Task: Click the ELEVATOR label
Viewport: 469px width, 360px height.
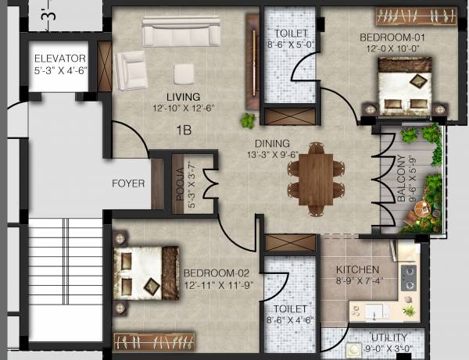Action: [59, 57]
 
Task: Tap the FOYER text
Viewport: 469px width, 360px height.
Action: [128, 184]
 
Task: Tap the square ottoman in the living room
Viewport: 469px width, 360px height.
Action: [184, 73]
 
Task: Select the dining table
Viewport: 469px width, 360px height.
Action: [316, 177]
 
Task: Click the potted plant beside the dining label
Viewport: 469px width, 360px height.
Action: [248, 120]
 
